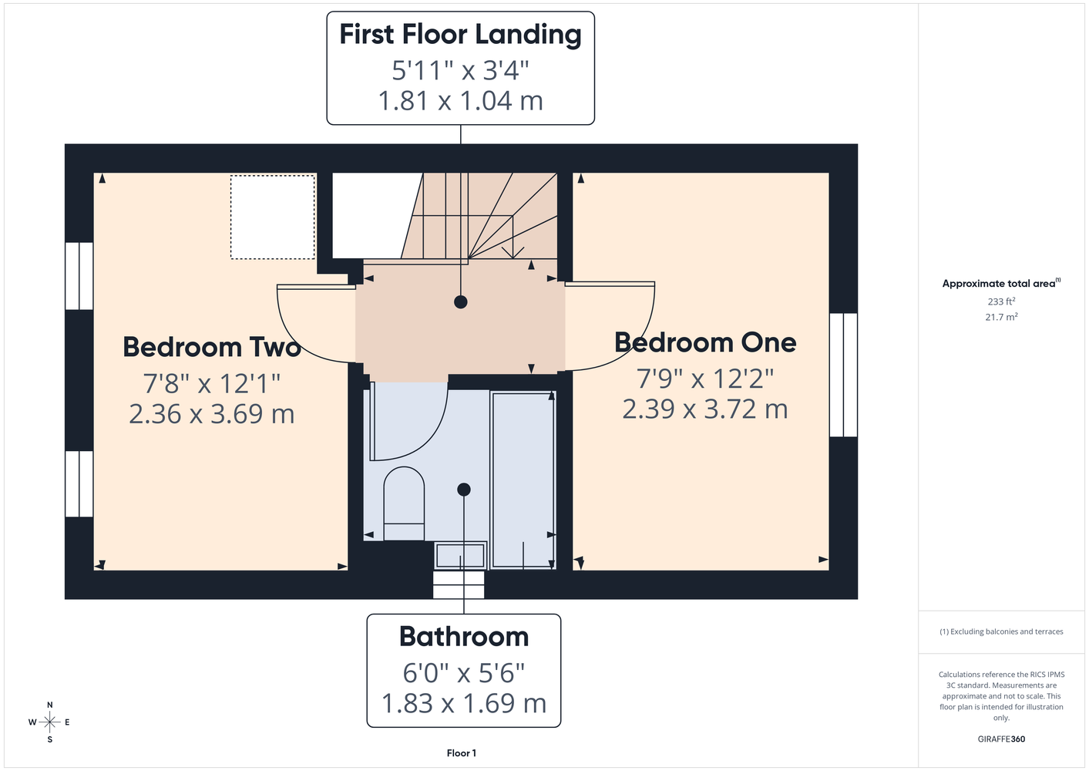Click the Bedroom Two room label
click(x=211, y=347)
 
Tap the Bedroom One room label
click(x=705, y=342)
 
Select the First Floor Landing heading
click(x=460, y=35)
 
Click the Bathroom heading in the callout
click(x=464, y=636)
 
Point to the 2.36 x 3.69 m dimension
click(x=211, y=414)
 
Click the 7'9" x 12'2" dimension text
click(x=705, y=378)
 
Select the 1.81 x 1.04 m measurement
click(x=460, y=101)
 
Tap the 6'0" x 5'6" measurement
click(x=464, y=673)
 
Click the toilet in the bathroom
click(x=404, y=503)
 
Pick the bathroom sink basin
click(x=460, y=555)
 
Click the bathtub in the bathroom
click(x=523, y=480)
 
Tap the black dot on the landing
click(x=460, y=302)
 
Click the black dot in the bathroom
click(x=464, y=490)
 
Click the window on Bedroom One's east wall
click(x=843, y=375)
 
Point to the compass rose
click(x=49, y=722)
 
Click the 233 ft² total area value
click(x=1001, y=301)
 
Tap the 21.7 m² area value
click(x=1001, y=317)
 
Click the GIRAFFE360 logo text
click(x=1001, y=739)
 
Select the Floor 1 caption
click(x=462, y=753)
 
